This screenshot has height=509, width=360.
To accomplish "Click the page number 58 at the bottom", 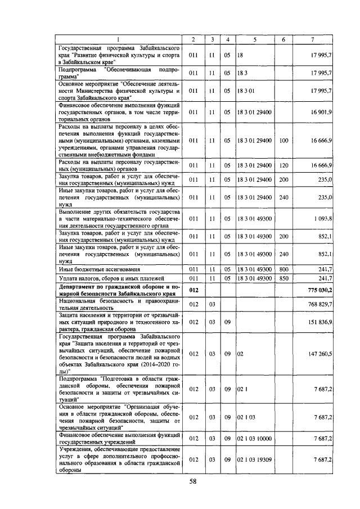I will point(192,481).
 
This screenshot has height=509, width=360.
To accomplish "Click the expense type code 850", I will point(283,278).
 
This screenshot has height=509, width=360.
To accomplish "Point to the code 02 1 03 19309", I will point(255,460).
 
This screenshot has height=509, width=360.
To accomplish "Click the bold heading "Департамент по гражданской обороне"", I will point(119,289).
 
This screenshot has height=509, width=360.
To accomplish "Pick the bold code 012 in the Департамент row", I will point(193,289).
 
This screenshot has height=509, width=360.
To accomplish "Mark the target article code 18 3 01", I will point(246,91).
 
